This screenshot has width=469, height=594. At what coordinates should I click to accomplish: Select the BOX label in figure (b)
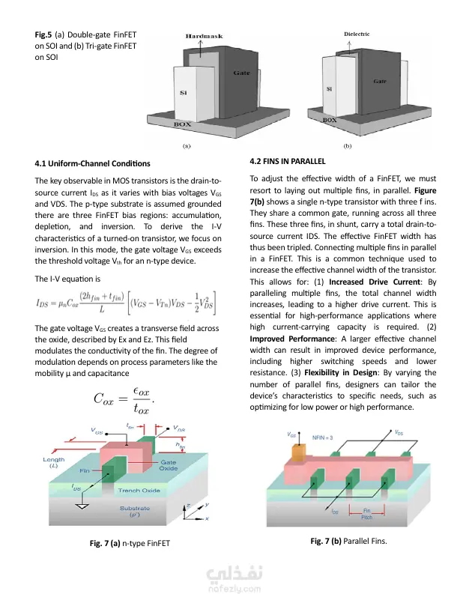pyautogui.click(x=330, y=119)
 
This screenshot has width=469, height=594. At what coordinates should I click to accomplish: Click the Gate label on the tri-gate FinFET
pyautogui.click(x=379, y=81)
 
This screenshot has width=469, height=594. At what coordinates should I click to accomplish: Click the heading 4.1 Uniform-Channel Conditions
pyautogui.click(x=93, y=163)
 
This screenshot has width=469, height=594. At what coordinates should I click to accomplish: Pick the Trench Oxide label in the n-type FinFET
pyautogui.click(x=140, y=491)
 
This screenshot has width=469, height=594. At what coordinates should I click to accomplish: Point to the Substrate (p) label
pyautogui.click(x=135, y=512)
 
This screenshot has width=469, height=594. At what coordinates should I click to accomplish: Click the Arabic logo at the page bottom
pyautogui.click(x=234, y=575)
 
